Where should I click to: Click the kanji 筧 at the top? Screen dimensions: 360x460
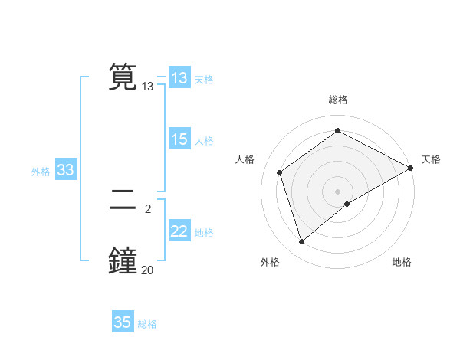pyautogui.click(x=123, y=77)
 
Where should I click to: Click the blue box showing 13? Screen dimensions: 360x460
pyautogui.click(x=179, y=78)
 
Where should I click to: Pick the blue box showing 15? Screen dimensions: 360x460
pyautogui.click(x=179, y=139)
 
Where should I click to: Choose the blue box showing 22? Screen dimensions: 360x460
pyautogui.click(x=179, y=231)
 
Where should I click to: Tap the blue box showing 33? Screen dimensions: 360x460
pyautogui.click(x=65, y=170)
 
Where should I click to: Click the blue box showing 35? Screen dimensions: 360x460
pyautogui.click(x=123, y=322)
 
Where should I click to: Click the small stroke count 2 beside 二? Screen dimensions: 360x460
pyautogui.click(x=147, y=208)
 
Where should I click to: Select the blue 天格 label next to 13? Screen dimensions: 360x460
pyautogui.click(x=204, y=80)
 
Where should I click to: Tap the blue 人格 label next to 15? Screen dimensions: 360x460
pyautogui.click(x=204, y=141)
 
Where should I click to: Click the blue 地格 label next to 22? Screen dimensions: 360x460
pyautogui.click(x=204, y=233)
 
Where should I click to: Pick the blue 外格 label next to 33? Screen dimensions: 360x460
pyautogui.click(x=41, y=172)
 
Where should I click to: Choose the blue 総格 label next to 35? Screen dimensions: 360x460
pyautogui.click(x=147, y=324)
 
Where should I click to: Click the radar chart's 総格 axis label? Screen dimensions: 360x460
pyautogui.click(x=337, y=100)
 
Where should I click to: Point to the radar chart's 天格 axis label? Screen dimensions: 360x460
pyautogui.click(x=431, y=159)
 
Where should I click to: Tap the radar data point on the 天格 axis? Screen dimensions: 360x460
pyautogui.click(x=411, y=168)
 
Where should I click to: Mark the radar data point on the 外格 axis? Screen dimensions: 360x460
pyautogui.click(x=301, y=242)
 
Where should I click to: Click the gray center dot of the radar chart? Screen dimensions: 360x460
pyautogui.click(x=337, y=191)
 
